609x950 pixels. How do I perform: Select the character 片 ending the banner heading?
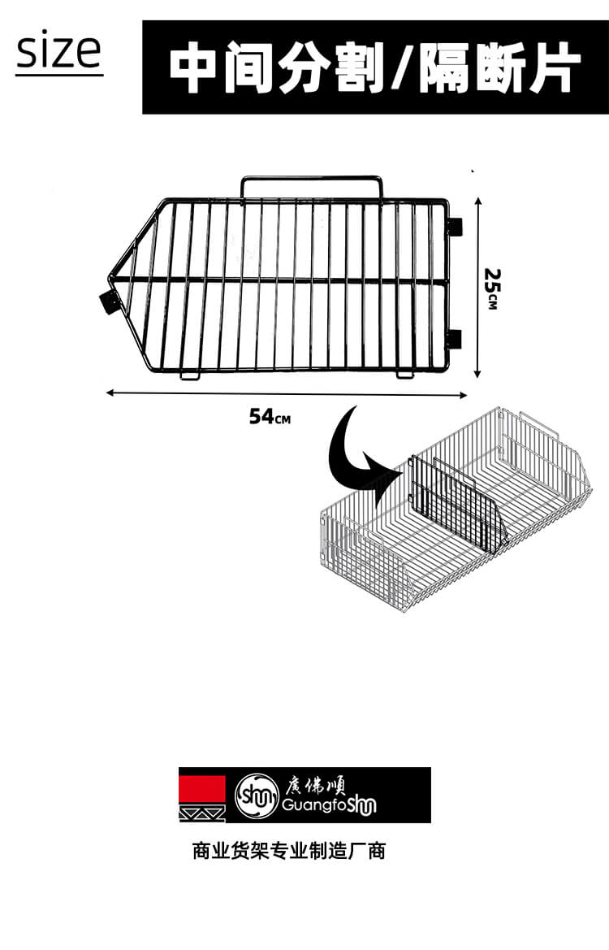point(548,67)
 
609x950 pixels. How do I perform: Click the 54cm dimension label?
point(270,417)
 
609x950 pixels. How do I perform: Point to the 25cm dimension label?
point(491,288)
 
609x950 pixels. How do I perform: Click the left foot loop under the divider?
point(190,375)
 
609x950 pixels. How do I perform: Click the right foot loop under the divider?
point(406,375)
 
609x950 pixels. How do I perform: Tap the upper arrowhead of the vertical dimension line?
point(477,202)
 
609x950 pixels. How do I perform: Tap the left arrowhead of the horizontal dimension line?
point(110,393)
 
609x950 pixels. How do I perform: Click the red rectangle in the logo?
point(202,790)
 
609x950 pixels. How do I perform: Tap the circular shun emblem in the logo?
point(257,794)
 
